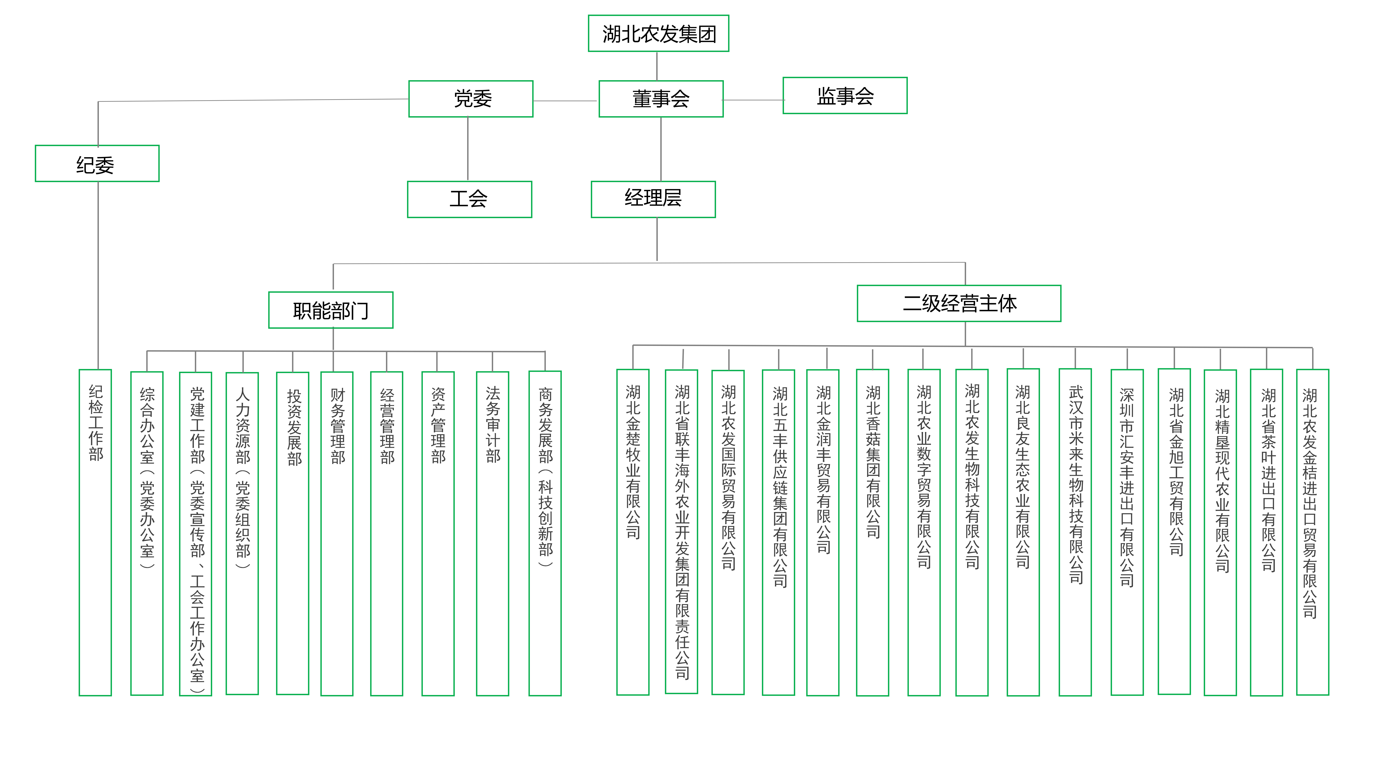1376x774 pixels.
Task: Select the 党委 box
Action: point(471,99)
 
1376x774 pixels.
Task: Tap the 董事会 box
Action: point(661,99)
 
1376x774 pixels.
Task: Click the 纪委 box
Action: point(97,163)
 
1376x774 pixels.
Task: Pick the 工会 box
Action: point(470,199)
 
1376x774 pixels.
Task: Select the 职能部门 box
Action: point(331,310)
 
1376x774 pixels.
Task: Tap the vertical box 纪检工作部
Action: point(95,533)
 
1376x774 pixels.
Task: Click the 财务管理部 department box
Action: point(337,534)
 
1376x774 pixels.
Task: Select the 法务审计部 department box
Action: point(492,534)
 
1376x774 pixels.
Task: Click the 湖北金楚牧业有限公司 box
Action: point(633,532)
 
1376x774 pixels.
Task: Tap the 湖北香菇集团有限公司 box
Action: point(872,533)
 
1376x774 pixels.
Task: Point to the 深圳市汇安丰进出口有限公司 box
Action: point(1127,533)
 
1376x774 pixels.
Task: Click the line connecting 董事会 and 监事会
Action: point(753,100)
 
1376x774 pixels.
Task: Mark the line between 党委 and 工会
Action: point(468,149)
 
